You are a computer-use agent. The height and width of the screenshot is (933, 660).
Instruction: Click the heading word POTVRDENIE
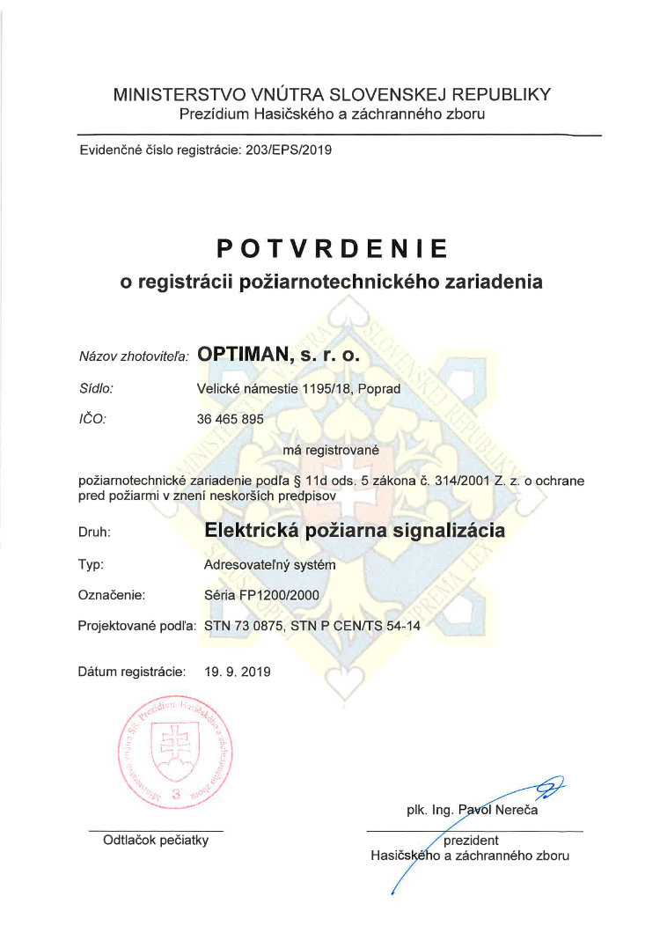pos(333,249)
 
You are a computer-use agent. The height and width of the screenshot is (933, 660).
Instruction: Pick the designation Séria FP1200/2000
pos(260,596)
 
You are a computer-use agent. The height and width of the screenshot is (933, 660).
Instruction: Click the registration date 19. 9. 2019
pos(238,672)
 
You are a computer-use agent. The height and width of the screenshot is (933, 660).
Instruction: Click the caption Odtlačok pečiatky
pos(156,841)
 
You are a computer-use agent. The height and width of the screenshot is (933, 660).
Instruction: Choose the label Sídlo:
pos(96,387)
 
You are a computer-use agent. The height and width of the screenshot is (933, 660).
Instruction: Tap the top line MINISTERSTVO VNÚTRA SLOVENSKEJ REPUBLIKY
pos(332,94)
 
